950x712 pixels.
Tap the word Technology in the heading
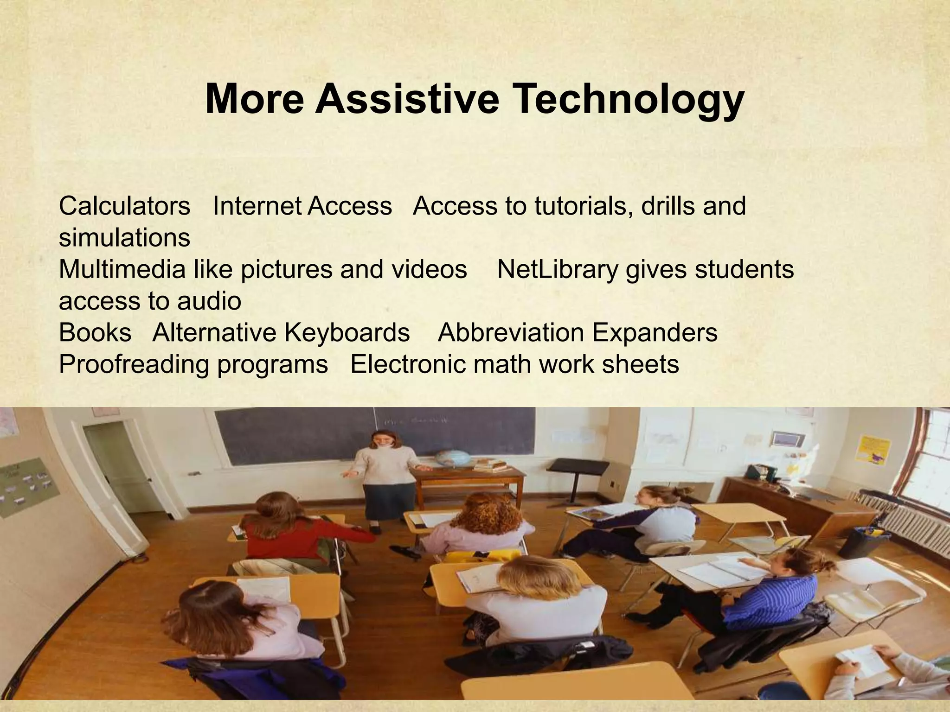coord(628,100)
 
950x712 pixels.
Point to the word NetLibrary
coord(557,269)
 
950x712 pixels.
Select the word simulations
coord(124,237)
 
